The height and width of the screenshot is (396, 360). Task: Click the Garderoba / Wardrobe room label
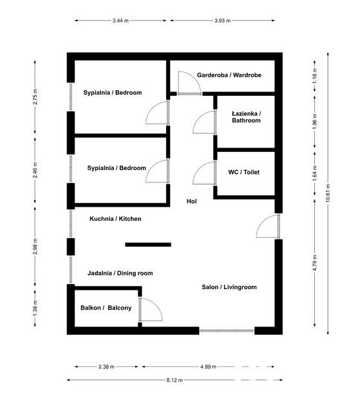(229, 75)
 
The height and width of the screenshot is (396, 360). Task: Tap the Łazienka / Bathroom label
(246, 117)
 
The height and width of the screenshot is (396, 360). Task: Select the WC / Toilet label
(244, 172)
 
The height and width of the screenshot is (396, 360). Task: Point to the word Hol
(191, 202)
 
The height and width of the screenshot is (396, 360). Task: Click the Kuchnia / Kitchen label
(115, 219)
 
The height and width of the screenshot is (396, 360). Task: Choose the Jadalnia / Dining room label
(120, 273)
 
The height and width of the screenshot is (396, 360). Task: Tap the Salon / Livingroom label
(229, 287)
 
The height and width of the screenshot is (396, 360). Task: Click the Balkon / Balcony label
(106, 308)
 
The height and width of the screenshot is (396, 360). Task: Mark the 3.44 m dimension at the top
(120, 21)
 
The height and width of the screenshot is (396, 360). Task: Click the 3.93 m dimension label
(223, 21)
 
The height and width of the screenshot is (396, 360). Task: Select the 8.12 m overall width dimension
(175, 380)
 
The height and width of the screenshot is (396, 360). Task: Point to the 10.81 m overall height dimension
(328, 193)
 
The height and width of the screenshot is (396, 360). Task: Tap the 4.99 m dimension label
(209, 367)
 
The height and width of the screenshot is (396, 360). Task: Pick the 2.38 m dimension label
(106, 367)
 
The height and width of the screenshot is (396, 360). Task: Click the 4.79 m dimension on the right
(315, 263)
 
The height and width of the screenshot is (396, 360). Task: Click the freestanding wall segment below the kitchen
(148, 245)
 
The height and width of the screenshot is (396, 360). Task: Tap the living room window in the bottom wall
(227, 330)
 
